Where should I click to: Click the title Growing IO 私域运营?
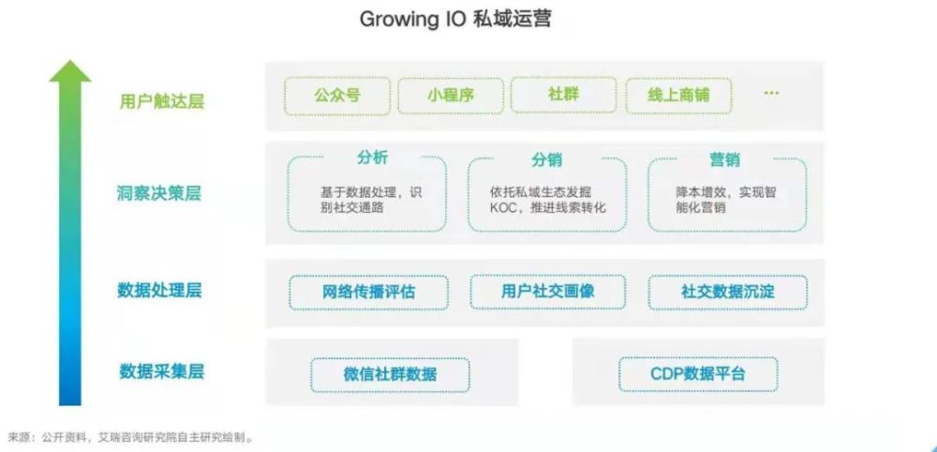point(454,19)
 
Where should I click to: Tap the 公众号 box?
point(337,96)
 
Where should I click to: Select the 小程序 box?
point(451,96)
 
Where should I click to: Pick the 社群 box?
point(563,95)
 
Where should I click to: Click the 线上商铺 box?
point(678,96)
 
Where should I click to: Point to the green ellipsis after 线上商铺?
point(771,93)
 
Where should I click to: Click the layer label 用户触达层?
point(161,101)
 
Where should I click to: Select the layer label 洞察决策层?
point(159,194)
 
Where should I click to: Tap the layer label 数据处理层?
point(159,291)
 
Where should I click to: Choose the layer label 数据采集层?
point(161,371)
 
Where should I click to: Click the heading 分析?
point(372,158)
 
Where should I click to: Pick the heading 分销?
point(547,159)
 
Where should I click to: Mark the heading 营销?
point(725,159)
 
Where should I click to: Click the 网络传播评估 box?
point(368,293)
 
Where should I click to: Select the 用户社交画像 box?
point(548,292)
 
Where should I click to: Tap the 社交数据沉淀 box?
point(728,293)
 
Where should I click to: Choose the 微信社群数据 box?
point(390,375)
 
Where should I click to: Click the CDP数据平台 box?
point(698,374)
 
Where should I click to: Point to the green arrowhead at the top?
point(70,71)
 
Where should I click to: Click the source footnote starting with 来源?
point(130,438)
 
